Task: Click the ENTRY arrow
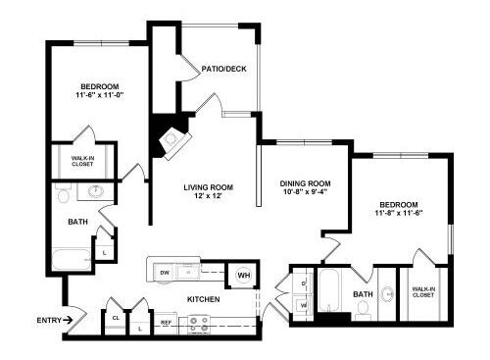click(x=68, y=320)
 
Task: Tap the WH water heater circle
click(x=244, y=276)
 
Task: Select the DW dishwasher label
click(x=165, y=273)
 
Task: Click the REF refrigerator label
click(x=166, y=323)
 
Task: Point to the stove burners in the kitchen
click(x=199, y=324)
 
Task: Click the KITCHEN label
click(x=203, y=299)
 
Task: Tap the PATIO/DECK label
click(x=223, y=69)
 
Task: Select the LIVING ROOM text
click(x=208, y=187)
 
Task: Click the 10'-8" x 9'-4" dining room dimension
click(x=305, y=192)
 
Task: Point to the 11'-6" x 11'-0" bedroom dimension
click(x=100, y=95)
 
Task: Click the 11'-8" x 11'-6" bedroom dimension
click(x=399, y=213)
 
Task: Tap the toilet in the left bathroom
click(x=63, y=193)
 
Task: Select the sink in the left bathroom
click(x=96, y=191)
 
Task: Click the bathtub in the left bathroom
click(x=72, y=260)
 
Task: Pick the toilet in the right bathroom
click(x=364, y=310)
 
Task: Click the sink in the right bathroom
click(x=388, y=293)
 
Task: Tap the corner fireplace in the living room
click(x=174, y=143)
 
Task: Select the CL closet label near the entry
click(x=116, y=318)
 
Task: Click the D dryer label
click(x=303, y=283)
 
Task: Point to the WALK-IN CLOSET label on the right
click(x=423, y=292)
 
